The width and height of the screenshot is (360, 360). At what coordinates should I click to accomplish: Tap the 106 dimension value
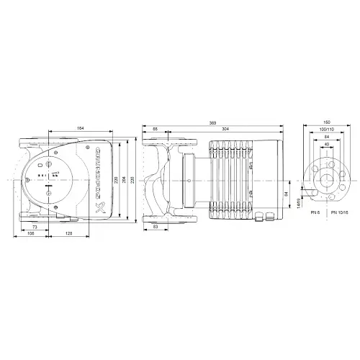tap(30, 234)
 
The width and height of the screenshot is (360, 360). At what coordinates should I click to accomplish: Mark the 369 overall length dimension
tap(212, 123)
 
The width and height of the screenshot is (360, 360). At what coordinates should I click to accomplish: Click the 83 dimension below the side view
tap(156, 228)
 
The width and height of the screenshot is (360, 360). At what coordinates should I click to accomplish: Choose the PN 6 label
tap(314, 214)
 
